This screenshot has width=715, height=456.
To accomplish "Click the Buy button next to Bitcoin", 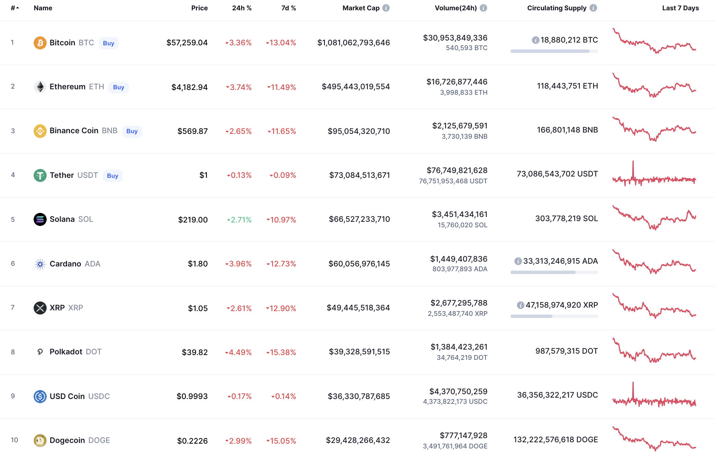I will (x=108, y=43).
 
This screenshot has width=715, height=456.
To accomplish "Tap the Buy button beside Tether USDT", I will (x=113, y=176).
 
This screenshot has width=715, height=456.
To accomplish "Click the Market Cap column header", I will (x=361, y=8).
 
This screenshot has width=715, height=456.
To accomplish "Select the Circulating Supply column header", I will (x=556, y=8).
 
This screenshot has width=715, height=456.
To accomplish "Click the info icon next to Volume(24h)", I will (x=483, y=8).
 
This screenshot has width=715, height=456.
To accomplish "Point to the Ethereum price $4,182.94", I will (x=189, y=87).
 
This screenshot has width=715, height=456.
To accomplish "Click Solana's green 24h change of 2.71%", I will (x=239, y=220).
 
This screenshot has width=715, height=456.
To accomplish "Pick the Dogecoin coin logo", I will (x=40, y=440).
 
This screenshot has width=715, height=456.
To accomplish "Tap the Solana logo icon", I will (x=40, y=219).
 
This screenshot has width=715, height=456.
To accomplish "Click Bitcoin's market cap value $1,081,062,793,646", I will (x=353, y=43).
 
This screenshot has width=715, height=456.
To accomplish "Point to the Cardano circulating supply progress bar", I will (x=554, y=272).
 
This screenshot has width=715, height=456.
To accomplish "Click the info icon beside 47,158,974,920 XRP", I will (x=520, y=305).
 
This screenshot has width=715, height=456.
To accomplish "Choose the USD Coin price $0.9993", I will (x=192, y=396).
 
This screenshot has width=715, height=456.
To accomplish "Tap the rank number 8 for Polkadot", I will (x=13, y=352).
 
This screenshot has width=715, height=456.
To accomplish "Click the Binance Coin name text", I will (x=74, y=130).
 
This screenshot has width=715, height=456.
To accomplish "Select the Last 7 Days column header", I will (x=680, y=8).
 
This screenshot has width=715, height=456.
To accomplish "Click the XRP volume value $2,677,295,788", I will (x=459, y=303).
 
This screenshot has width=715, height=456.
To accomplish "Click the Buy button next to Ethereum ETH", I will (x=118, y=87).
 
